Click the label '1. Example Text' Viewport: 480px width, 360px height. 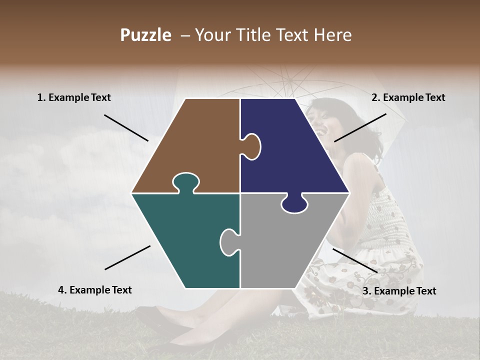pos(74,98)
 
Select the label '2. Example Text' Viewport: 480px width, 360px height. pos(408,98)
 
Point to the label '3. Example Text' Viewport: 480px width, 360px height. pos(399,291)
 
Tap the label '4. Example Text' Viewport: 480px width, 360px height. pos(95,290)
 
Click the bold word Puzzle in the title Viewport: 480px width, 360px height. pos(145,35)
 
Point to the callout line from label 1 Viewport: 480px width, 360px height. pos(126,127)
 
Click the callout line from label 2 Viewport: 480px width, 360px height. pos(360,127)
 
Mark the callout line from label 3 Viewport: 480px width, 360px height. pos(355,260)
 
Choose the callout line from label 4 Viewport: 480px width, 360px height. pos(127,257)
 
